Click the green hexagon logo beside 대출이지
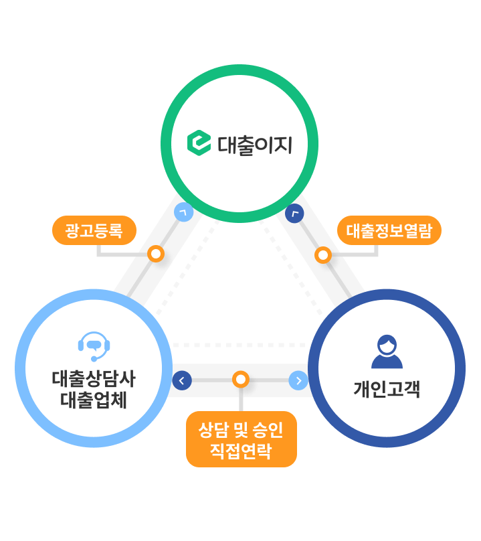pyautogui.click(x=199, y=143)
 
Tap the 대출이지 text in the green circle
pyautogui.click(x=255, y=145)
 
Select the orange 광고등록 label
pyautogui.click(x=94, y=230)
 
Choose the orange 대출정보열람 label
pyautogui.click(x=389, y=230)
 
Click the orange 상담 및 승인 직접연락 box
pyautogui.click(x=241, y=439)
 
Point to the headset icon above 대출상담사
pyautogui.click(x=94, y=345)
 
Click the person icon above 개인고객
pyautogui.click(x=387, y=352)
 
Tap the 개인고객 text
pyautogui.click(x=387, y=389)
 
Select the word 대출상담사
pyautogui.click(x=94, y=379)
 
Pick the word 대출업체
pyautogui.click(x=94, y=400)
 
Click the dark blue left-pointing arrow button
pyautogui.click(x=181, y=380)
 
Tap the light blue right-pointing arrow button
pyautogui.click(x=298, y=380)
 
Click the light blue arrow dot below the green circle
pyautogui.click(x=183, y=212)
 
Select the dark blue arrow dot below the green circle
pyautogui.click(x=294, y=213)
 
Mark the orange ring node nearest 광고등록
pyautogui.click(x=156, y=254)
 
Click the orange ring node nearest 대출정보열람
pyautogui.click(x=323, y=255)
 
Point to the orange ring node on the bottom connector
pyautogui.click(x=241, y=380)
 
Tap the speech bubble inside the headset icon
pyautogui.click(x=94, y=345)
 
